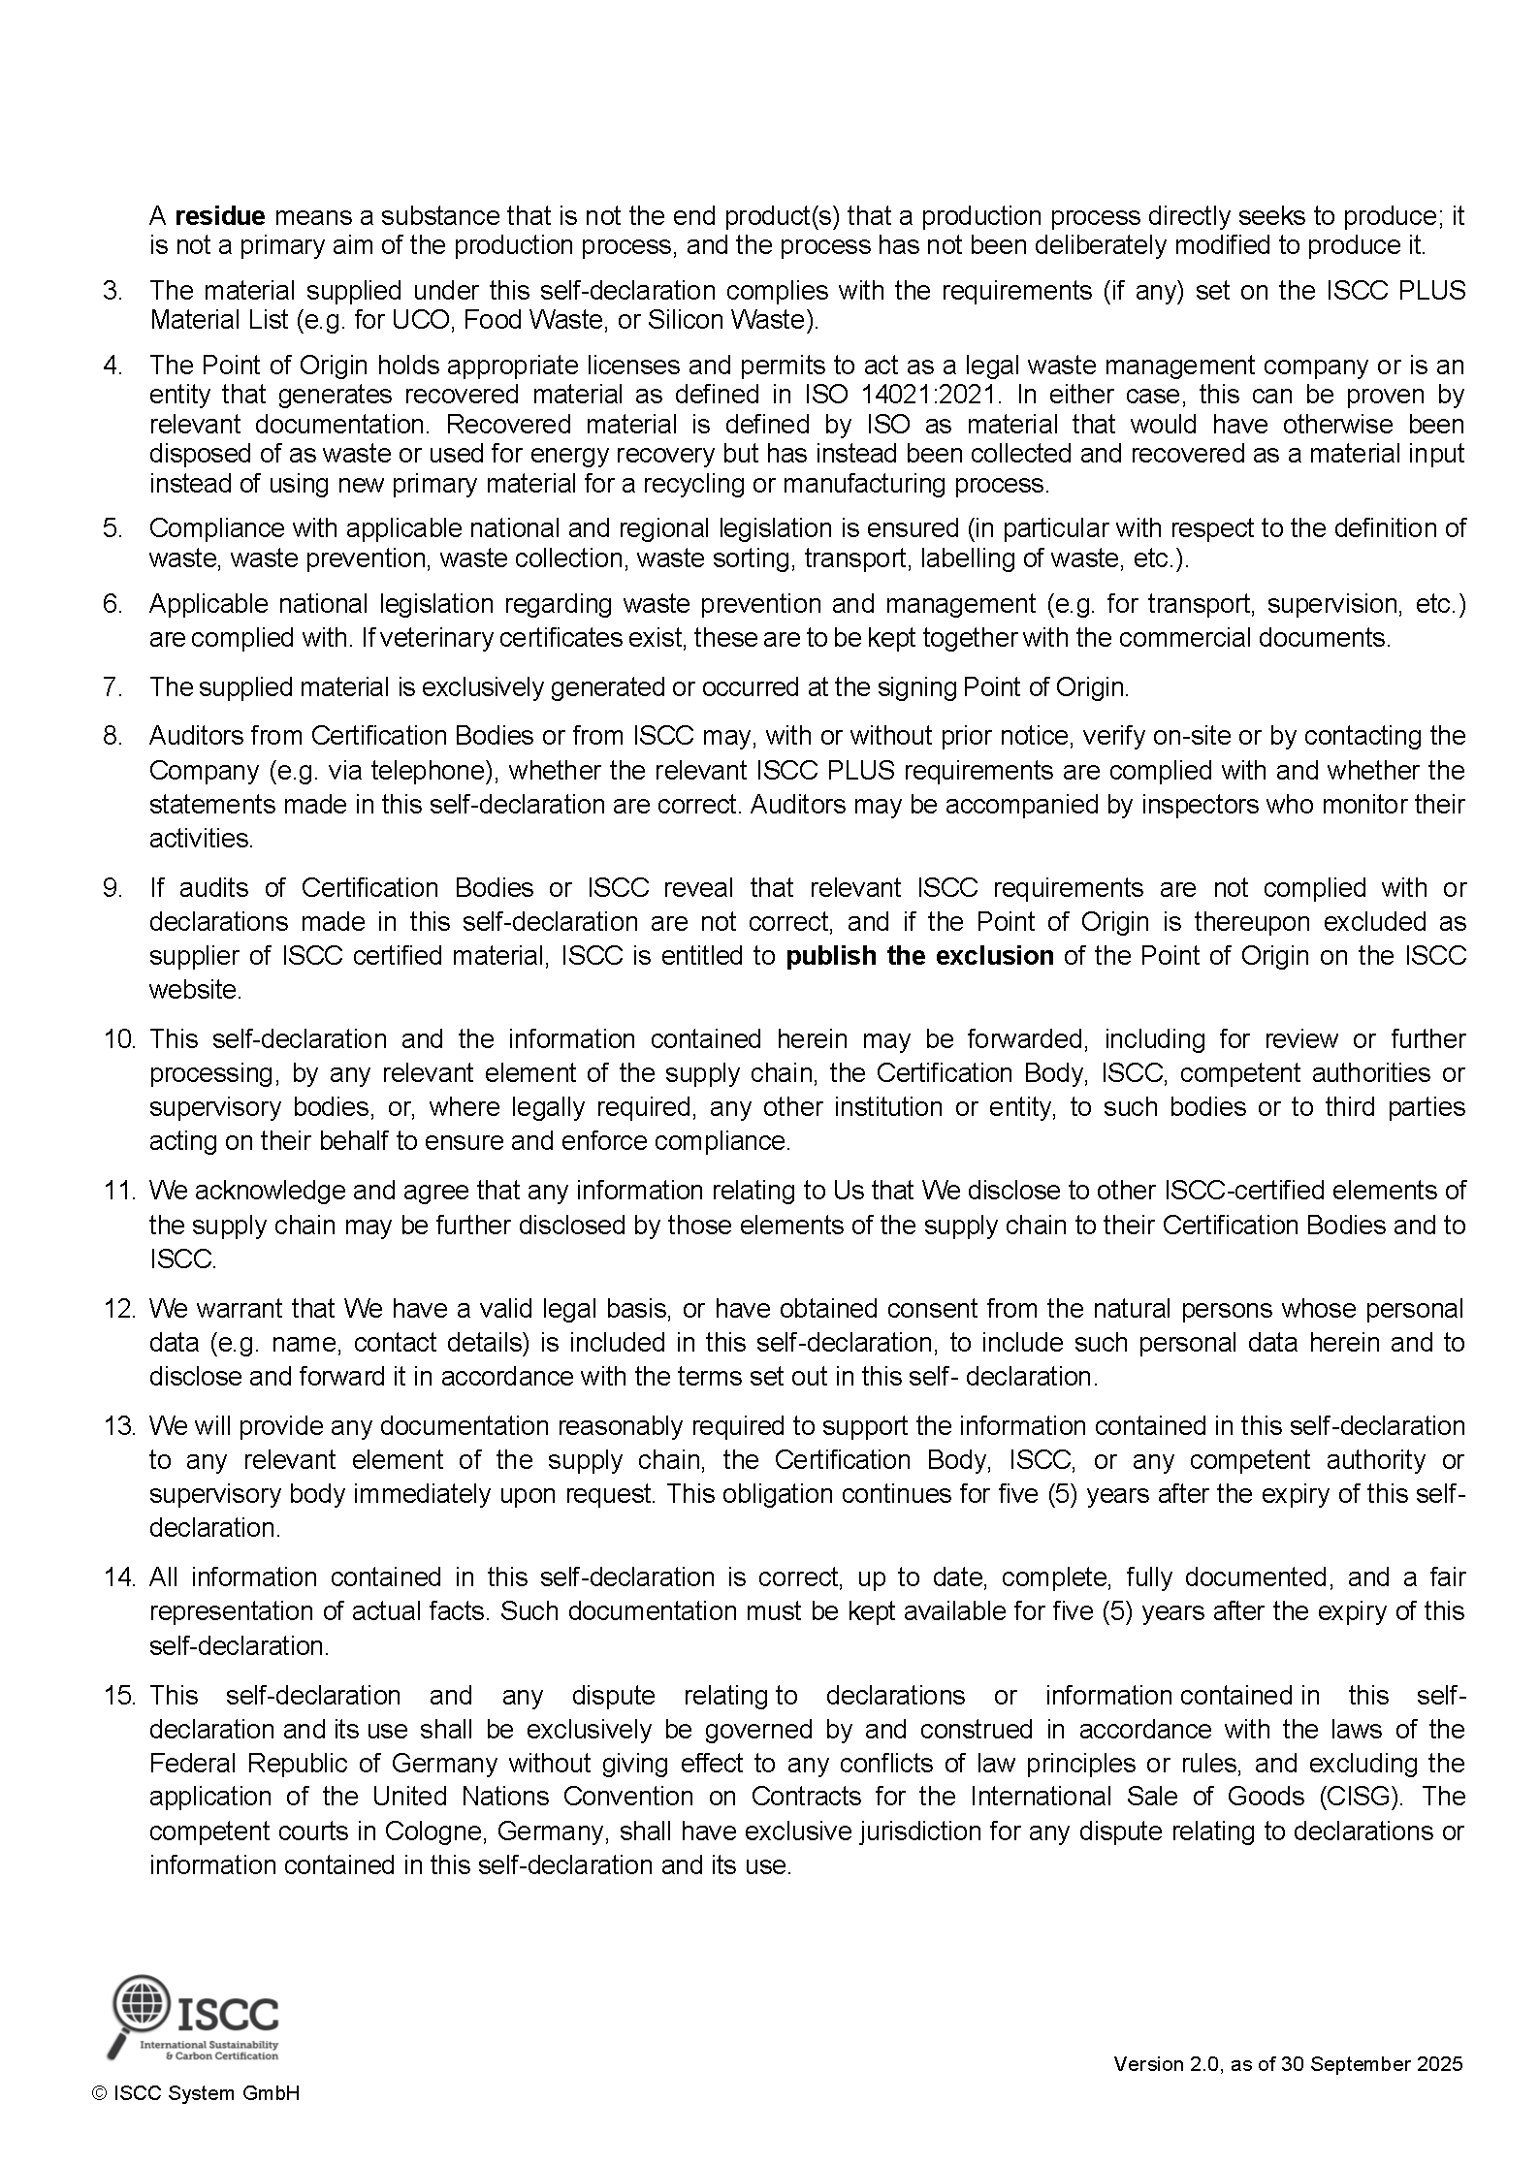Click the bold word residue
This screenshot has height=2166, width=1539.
pyautogui.click(x=219, y=215)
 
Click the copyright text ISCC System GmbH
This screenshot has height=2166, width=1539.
pyautogui.click(x=195, y=2120)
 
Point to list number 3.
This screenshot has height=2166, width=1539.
pyautogui.click(x=112, y=291)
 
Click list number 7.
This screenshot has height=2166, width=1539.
pyautogui.click(x=112, y=687)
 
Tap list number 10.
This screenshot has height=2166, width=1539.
pyautogui.click(x=120, y=1039)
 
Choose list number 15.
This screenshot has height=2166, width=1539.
pyautogui.click(x=120, y=1696)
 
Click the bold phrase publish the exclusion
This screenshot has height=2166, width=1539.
pyautogui.click(x=919, y=956)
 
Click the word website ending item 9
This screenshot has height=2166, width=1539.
pyautogui.click(x=194, y=990)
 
